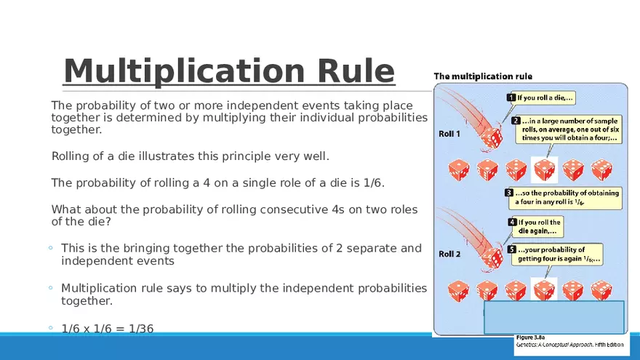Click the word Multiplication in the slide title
(x=184, y=71)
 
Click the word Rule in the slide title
(x=356, y=71)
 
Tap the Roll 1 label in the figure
(x=449, y=134)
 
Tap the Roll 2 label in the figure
(x=449, y=254)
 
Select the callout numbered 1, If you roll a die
(x=541, y=98)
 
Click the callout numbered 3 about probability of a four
(x=564, y=197)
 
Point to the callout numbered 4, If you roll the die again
(x=536, y=226)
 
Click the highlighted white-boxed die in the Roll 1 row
(x=544, y=169)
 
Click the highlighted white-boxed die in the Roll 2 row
(x=544, y=289)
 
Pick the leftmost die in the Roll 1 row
(x=459, y=169)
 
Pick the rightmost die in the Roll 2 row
(x=601, y=290)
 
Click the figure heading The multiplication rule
(x=483, y=76)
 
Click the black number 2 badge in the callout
(x=516, y=121)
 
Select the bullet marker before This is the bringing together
(x=51, y=248)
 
